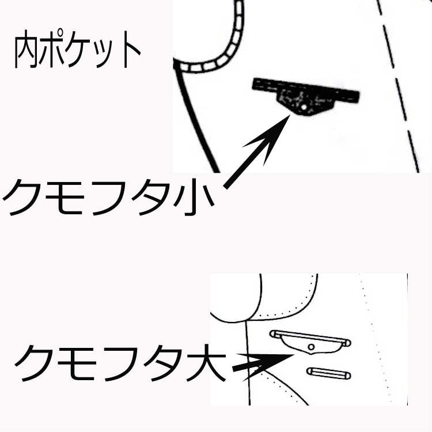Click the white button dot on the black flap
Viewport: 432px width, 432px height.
[x=303, y=107]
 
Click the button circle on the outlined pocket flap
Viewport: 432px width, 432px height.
[x=311, y=347]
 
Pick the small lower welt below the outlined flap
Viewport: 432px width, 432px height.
[x=329, y=373]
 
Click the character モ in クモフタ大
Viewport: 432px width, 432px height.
[x=78, y=363]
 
